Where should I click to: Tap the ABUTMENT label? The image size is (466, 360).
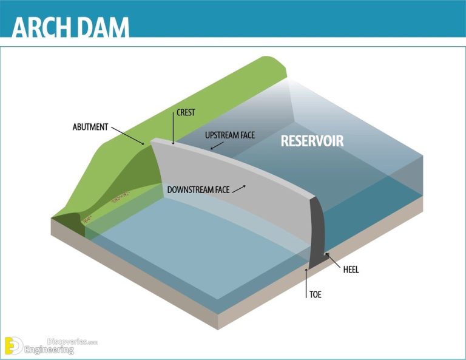(90, 127)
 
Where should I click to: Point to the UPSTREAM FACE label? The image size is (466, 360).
(230, 135)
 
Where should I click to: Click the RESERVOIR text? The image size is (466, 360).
(312, 141)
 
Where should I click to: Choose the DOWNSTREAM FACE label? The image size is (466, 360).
(198, 189)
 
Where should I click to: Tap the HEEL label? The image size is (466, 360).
(351, 270)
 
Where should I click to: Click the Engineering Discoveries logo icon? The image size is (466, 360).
(14, 345)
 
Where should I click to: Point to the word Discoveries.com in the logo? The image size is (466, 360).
(72, 342)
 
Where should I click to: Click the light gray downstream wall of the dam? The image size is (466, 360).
(243, 206)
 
